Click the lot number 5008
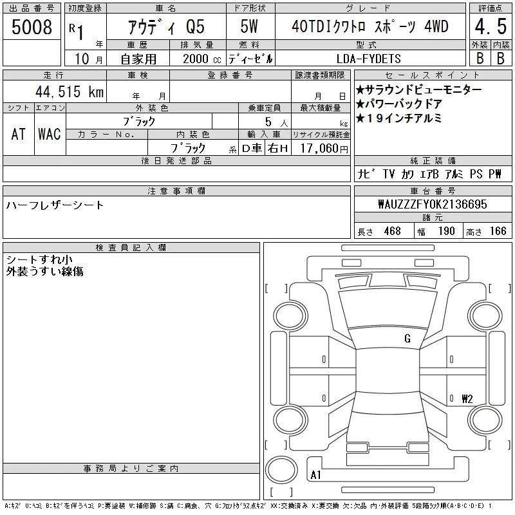(x=32, y=27)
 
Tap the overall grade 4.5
(x=491, y=26)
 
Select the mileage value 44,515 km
(x=70, y=91)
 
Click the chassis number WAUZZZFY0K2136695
(x=433, y=204)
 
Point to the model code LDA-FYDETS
(x=368, y=59)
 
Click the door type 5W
(x=249, y=26)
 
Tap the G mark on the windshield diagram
(x=407, y=339)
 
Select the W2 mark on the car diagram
(x=467, y=398)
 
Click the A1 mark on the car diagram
(x=315, y=475)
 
